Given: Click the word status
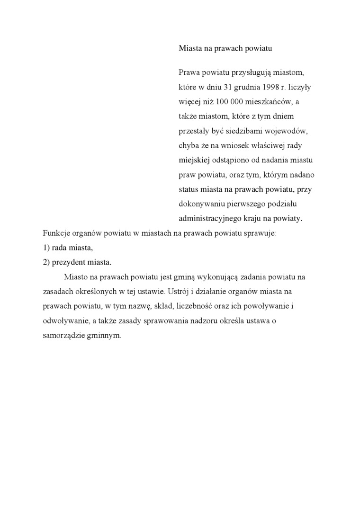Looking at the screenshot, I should pos(189,189).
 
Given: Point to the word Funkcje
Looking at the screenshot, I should pos(56,233).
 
